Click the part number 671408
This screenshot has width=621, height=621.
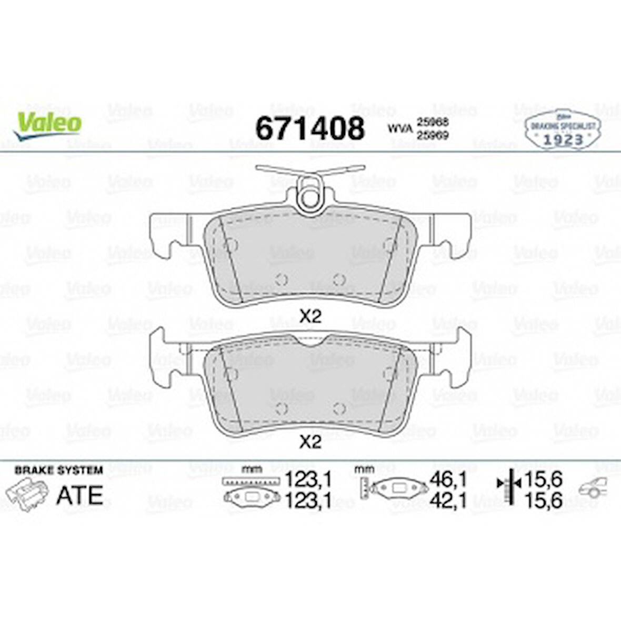(309, 128)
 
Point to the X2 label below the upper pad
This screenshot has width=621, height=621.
(310, 316)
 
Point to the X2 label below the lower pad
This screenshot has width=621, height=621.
(310, 443)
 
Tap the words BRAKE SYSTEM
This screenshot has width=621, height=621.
(58, 470)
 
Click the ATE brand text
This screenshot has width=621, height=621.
(79, 495)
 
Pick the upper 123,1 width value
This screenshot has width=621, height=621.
(308, 479)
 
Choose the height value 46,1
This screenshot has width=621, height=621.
(448, 479)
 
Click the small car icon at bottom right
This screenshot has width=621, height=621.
(593, 489)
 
